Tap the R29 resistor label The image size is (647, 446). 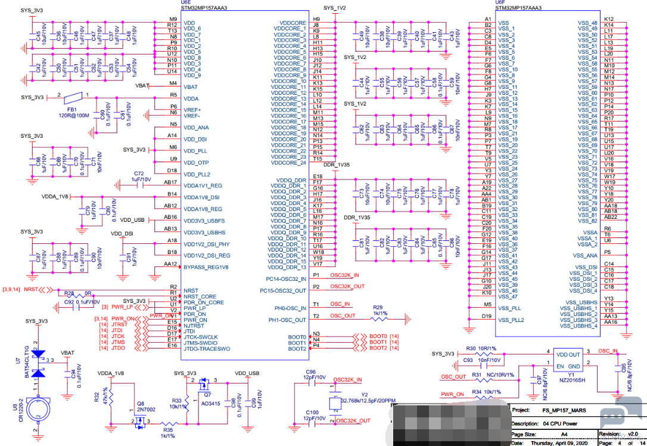[378, 307]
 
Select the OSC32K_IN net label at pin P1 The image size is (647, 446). [344, 275]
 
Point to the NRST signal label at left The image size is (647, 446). [31, 289]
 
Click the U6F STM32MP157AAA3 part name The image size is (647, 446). [518, 8]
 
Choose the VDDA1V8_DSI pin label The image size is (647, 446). [202, 197]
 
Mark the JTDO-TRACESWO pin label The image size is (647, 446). [207, 346]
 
